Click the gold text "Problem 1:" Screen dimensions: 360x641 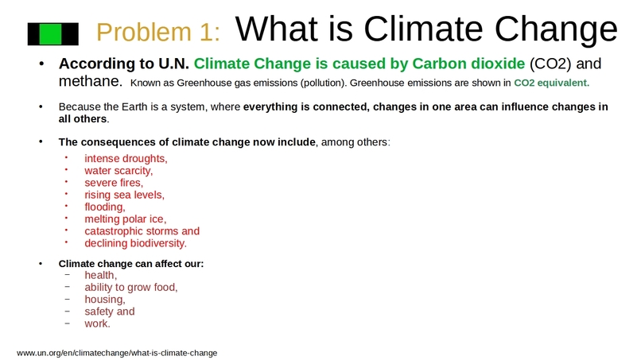coord(157,32)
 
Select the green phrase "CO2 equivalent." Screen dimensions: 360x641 coord(552,82)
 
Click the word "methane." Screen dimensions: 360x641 coord(90,81)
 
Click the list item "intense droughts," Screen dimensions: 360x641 coord(126,158)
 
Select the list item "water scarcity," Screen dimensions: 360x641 coord(118,170)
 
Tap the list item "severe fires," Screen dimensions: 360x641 coord(114,182)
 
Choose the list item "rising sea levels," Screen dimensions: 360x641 coord(124,195)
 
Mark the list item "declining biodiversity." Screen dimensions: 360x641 coord(135,243)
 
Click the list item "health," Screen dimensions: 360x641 coord(101,275)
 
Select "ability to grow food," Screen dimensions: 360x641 coord(131,287)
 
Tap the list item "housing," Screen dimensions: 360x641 coord(105,300)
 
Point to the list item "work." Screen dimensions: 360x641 coord(98,323)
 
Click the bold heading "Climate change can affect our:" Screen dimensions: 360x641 coord(131,263)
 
